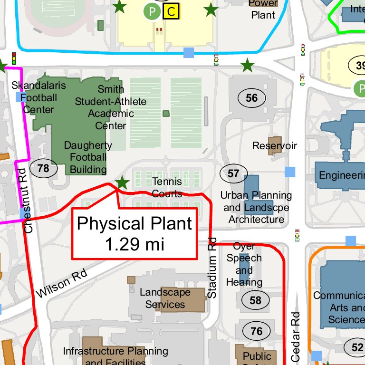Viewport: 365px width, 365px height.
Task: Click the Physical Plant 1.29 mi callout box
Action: point(134,233)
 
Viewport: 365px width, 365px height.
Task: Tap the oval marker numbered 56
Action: point(251,98)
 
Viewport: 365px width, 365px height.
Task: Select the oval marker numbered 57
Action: point(233,173)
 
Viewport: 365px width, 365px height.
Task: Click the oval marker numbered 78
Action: point(43,168)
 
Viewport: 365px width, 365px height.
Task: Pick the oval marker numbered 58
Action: point(256,300)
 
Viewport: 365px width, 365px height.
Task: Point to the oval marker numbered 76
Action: point(256,331)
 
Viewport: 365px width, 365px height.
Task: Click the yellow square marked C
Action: point(171,11)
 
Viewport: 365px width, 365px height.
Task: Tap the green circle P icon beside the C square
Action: point(152,11)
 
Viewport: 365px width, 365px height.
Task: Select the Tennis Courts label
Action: point(167,187)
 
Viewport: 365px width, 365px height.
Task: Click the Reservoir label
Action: point(274,145)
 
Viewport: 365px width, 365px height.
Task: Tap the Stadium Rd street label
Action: point(212,269)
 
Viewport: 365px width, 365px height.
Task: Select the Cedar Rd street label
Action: point(296,336)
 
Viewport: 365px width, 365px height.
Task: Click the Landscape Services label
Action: point(165,298)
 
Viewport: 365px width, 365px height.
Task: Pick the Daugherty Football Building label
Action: point(88,157)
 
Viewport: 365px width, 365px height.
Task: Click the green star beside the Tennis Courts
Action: point(122,182)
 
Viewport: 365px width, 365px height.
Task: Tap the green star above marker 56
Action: point(247,66)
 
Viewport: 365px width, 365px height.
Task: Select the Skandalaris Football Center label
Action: point(33,97)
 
